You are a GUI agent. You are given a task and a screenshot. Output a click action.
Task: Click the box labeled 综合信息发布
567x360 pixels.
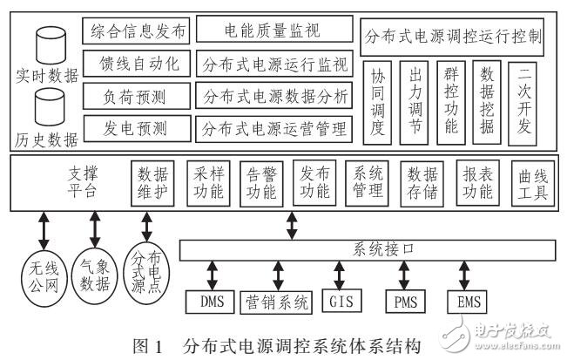point(136,32)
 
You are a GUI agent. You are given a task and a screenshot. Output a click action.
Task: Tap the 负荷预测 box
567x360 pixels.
point(136,95)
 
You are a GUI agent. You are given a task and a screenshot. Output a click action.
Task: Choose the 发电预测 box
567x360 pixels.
point(136,127)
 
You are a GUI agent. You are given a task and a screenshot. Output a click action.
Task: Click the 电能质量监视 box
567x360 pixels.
point(273,32)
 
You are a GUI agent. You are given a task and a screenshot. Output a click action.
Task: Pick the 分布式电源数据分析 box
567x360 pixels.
point(273,95)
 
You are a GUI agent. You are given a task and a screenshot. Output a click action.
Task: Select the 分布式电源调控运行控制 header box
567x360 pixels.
point(455,38)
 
